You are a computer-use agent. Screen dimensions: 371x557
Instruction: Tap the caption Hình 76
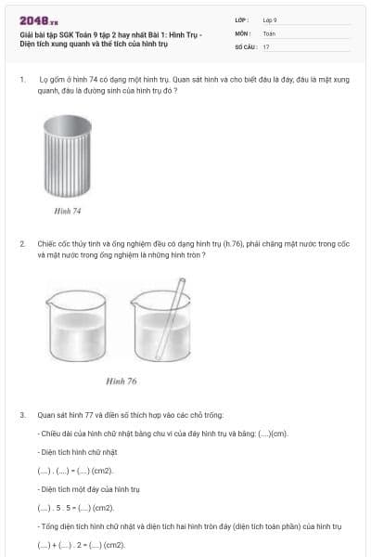[121, 381]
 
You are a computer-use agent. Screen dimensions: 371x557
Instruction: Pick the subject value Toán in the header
[269, 32]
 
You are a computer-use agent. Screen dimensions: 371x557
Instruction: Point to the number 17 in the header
[266, 45]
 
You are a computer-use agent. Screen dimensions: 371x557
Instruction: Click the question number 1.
[21, 80]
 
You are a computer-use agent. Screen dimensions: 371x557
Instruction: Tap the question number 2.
[21, 243]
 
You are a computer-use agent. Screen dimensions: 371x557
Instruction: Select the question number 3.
[21, 414]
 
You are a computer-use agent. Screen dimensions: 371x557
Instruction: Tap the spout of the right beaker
[135, 295]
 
